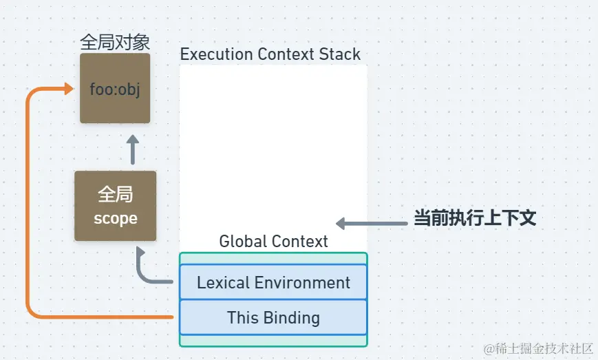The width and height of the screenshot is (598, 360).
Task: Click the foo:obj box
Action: (x=115, y=88)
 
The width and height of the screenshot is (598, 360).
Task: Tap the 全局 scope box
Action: (x=115, y=206)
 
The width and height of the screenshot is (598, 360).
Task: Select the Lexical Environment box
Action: (x=273, y=282)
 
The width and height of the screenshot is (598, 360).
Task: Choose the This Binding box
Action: (x=273, y=317)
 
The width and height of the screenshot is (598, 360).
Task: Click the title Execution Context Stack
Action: (x=270, y=54)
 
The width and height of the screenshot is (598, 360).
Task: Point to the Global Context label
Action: (x=273, y=241)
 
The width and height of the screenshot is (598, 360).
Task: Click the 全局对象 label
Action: (x=115, y=42)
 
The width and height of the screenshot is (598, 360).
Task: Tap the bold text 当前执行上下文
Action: (x=476, y=218)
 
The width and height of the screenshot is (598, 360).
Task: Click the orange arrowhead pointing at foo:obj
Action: (x=69, y=89)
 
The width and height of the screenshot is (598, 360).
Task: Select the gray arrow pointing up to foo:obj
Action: (x=133, y=149)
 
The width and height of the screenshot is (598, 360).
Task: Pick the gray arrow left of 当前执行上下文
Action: (x=372, y=224)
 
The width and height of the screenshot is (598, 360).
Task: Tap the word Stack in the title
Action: (x=340, y=54)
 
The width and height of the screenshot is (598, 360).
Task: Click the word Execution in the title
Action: (x=217, y=54)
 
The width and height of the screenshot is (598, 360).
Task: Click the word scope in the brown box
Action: (x=116, y=219)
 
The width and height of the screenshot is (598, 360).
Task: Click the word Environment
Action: (x=302, y=283)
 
